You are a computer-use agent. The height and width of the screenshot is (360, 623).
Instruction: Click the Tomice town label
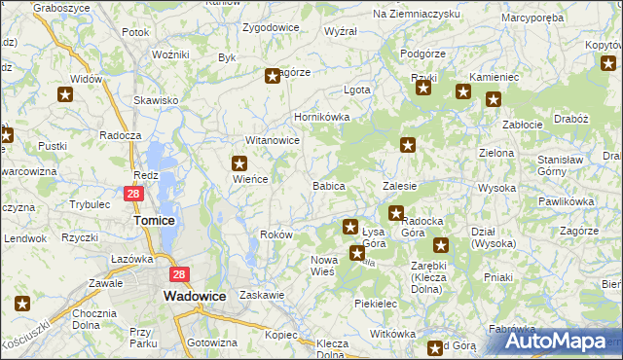(x=153, y=220)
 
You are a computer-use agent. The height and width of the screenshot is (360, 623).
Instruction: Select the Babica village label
(x=328, y=185)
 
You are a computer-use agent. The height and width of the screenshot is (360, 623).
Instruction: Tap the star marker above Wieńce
(x=238, y=162)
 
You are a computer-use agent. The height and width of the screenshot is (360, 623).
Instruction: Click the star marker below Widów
(x=65, y=94)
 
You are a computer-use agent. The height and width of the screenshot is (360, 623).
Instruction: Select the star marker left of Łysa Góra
(x=349, y=227)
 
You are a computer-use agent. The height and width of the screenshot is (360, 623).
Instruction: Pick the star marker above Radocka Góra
(x=396, y=212)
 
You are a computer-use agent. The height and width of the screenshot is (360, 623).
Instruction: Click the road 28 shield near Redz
(x=135, y=194)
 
